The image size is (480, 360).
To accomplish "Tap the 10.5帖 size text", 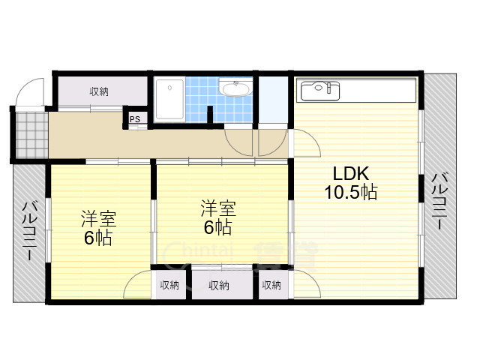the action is pyautogui.click(x=351, y=193).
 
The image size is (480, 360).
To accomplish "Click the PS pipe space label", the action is pyautogui.click(x=135, y=119).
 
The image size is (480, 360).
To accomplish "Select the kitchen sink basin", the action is pyautogui.click(x=320, y=91).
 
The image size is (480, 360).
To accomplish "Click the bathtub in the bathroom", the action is pyautogui.click(x=169, y=99).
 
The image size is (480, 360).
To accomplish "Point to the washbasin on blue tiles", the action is pyautogui.click(x=236, y=88).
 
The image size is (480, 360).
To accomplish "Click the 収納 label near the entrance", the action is pyautogui.click(x=99, y=91).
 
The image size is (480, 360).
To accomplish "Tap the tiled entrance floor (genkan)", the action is pyautogui.click(x=31, y=135).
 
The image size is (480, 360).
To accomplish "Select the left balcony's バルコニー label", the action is pyautogui.click(x=30, y=230).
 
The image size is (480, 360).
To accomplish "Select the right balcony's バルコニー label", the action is pyautogui.click(x=439, y=201).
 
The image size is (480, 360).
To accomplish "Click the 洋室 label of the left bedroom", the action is pyautogui.click(x=98, y=218).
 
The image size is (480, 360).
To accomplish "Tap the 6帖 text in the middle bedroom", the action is pyautogui.click(x=218, y=226).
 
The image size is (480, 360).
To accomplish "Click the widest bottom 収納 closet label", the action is pyautogui.click(x=219, y=286).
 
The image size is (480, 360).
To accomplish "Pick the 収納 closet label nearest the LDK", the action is pyautogui.click(x=271, y=285).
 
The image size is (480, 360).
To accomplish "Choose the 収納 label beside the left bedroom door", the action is pyautogui.click(x=169, y=285).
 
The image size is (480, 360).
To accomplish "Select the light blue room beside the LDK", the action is pyautogui.click(x=273, y=100).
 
